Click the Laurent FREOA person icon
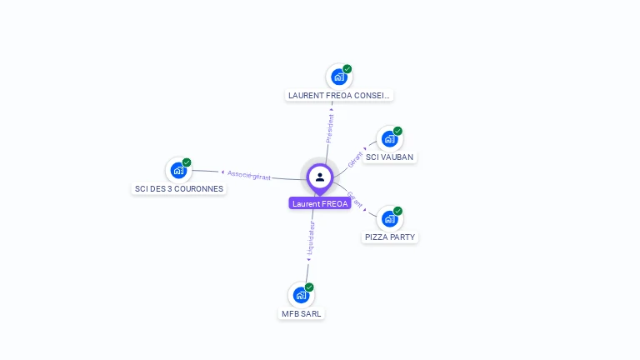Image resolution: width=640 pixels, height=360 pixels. coord(320,177)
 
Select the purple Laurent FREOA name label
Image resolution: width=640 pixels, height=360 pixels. coord(320,203)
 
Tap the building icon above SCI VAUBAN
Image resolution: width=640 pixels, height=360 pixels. coord(388,139)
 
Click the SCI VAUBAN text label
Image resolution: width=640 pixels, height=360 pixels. coord(389,157)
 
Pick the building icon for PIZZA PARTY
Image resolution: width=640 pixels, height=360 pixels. coord(389,219)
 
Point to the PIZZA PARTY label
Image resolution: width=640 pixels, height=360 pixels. coord(390,237)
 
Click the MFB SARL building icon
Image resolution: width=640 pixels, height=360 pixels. coord(301,295)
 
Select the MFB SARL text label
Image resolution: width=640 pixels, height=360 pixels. coord(301,313)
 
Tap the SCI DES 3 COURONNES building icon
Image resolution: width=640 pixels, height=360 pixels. coord(178,170)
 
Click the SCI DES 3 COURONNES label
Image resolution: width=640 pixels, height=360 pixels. coord(179,188)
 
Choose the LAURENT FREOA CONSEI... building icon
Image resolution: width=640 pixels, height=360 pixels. coord(338,77)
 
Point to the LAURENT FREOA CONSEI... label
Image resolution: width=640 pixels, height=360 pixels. coord(338,95)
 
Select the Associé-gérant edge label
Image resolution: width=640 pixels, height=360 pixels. coord(248,174)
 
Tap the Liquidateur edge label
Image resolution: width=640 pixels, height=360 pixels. coord(311,237)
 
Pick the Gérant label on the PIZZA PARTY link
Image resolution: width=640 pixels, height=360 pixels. coord(355,199)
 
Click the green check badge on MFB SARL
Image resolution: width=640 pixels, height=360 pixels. coord(309,287)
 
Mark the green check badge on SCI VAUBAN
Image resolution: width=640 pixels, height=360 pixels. coord(397,131)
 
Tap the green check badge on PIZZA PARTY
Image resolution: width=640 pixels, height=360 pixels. coord(397,211)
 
